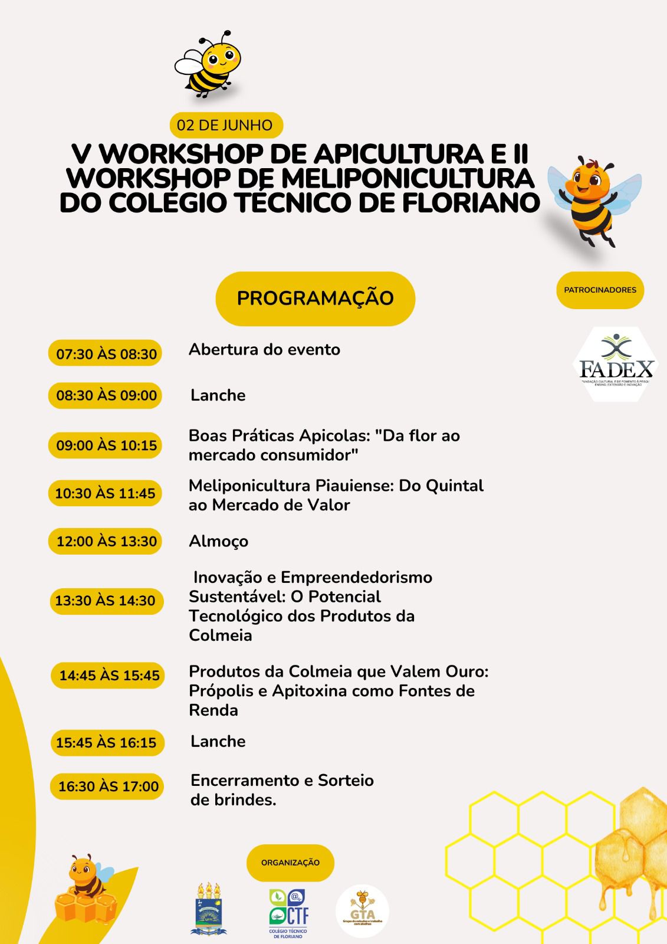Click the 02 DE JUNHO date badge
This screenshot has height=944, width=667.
(x=225, y=125)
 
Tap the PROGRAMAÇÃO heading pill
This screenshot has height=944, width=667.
(x=316, y=298)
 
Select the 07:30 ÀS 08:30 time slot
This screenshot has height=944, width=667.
(x=106, y=354)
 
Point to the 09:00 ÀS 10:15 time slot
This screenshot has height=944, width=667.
(x=106, y=445)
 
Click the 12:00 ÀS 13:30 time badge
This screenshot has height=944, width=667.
(x=106, y=541)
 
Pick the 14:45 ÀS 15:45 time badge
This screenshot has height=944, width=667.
(x=109, y=676)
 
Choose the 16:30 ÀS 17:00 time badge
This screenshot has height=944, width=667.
(x=108, y=786)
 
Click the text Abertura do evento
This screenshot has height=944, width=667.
(x=264, y=349)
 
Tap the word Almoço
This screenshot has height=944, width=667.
(x=218, y=541)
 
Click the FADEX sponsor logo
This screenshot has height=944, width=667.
(x=616, y=365)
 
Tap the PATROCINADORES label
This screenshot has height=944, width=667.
(x=600, y=290)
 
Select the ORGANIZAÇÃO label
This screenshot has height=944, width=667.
(x=290, y=863)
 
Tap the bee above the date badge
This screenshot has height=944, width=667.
(x=208, y=64)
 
